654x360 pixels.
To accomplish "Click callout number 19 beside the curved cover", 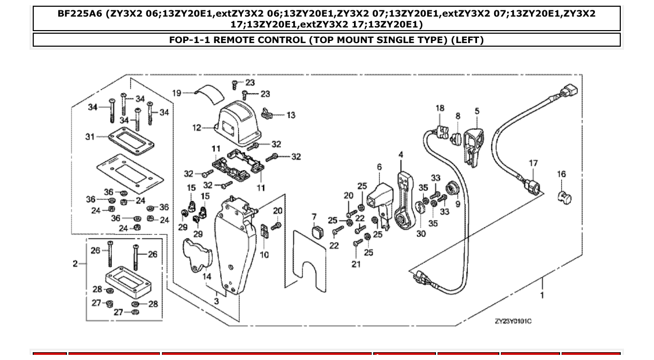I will (176, 93).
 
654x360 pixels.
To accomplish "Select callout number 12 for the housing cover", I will (197, 128).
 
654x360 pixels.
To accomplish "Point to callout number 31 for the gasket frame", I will (90, 137).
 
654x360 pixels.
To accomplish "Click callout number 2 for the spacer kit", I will (75, 264).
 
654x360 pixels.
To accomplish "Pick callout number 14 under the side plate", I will (207, 277).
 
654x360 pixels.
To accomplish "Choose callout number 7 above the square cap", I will (314, 216).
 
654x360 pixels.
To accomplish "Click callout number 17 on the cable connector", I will (533, 163).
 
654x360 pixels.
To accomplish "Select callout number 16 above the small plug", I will (562, 174).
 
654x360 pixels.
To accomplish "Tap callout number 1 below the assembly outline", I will (542, 295).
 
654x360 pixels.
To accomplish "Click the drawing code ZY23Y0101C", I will (513, 321).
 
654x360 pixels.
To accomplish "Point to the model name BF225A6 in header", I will (80, 14).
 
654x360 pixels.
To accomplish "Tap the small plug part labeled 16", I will (563, 197).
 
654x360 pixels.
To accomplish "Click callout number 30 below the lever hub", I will (420, 234).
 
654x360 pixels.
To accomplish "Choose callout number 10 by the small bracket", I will (264, 255).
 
